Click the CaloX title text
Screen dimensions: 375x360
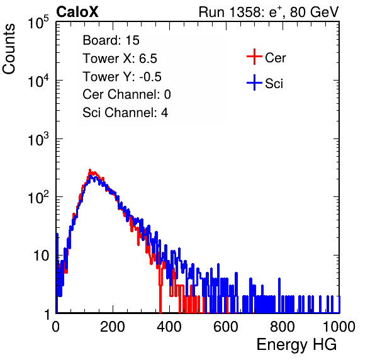77,12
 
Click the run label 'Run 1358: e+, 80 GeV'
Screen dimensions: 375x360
269,12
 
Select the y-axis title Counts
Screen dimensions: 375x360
9,48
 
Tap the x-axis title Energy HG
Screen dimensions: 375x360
296,345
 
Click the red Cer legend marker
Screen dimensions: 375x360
254,57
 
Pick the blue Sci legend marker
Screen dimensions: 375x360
254,82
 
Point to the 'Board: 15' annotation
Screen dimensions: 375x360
111,40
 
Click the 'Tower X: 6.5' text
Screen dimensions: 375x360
120,59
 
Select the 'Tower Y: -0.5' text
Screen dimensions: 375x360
122,77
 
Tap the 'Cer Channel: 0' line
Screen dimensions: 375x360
126,94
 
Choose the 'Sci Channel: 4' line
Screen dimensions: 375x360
125,113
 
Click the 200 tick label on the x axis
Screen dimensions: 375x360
113,327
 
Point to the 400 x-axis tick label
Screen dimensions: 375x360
169,327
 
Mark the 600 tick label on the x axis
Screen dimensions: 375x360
226,327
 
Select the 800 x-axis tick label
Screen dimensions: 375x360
283,327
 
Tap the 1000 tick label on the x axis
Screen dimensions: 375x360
339,327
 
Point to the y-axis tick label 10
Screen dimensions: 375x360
42,256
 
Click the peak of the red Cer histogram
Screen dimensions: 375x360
90,170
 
